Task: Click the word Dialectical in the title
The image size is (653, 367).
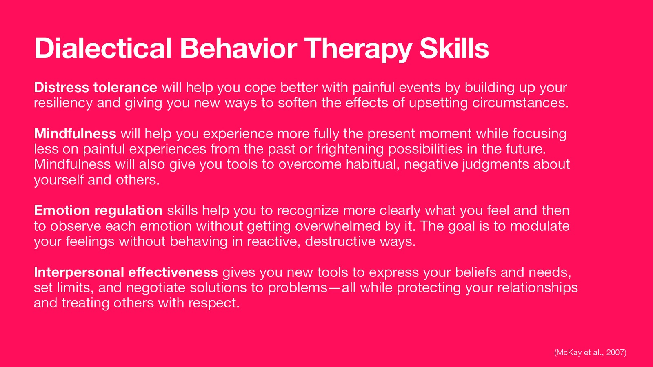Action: click(x=103, y=49)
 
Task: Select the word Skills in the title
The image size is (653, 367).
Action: click(x=454, y=49)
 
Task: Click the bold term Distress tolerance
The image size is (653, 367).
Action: click(x=96, y=87)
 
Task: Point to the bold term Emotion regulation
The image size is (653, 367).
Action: click(x=98, y=210)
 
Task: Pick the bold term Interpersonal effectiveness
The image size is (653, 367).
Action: click(x=126, y=272)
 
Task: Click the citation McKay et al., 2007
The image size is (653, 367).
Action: click(x=590, y=352)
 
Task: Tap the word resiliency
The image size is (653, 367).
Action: click(x=63, y=103)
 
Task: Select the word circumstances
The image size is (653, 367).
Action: click(x=520, y=103)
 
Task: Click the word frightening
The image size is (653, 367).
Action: click(x=350, y=149)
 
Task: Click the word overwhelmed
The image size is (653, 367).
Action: click(x=338, y=226)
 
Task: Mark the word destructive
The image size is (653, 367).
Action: click(x=340, y=241)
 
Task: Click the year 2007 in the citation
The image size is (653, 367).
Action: click(x=615, y=352)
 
